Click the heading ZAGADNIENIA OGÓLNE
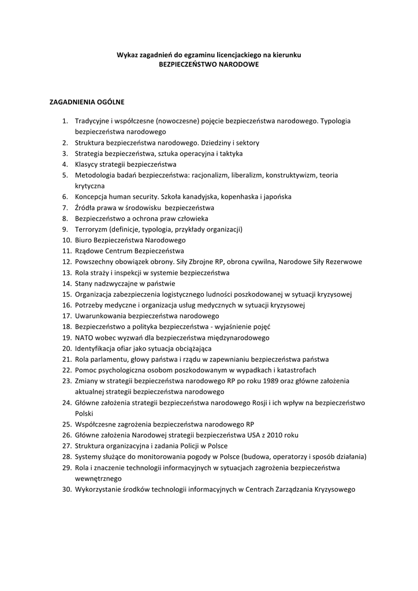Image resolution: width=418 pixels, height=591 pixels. pos(87,102)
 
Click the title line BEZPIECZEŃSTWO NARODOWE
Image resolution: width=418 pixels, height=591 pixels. pos(208,65)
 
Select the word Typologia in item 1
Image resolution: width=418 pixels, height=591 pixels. pos(335,121)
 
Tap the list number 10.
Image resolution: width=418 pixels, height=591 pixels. pos(66,240)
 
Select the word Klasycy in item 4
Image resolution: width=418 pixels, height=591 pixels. pos(87,164)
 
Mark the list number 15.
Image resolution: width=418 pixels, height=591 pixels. pos(66,294)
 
